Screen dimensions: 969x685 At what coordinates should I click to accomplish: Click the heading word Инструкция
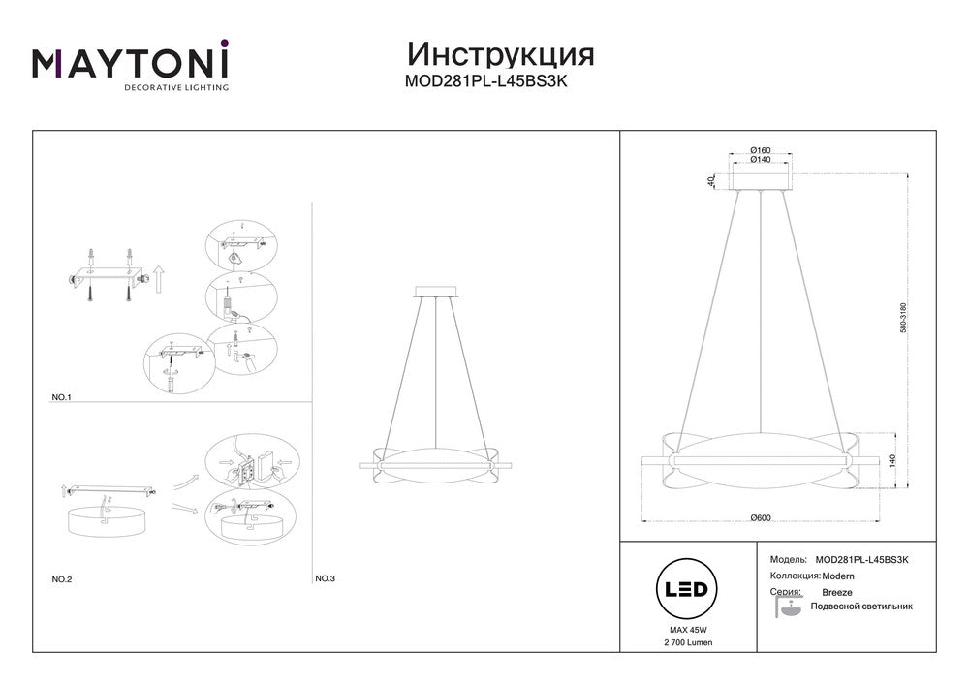tap(501, 55)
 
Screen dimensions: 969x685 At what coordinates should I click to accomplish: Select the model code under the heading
tap(485, 81)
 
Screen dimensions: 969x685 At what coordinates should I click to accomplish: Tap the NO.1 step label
tap(61, 397)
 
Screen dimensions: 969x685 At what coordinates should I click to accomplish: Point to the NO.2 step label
tap(62, 579)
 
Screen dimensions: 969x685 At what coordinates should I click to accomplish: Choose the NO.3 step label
tap(325, 578)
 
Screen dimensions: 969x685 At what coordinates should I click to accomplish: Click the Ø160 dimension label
tap(760, 150)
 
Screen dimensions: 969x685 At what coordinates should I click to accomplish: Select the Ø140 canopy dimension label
tap(760, 159)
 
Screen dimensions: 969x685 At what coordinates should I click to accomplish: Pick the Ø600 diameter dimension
tap(760, 517)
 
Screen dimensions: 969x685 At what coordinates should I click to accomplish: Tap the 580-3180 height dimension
tap(903, 318)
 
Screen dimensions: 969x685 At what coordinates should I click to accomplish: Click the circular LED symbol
tap(687, 589)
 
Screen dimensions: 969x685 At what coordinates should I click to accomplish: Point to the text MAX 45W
tap(688, 630)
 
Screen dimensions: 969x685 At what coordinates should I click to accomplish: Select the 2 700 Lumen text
tap(688, 642)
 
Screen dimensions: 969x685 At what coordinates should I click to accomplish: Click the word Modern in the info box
tap(838, 576)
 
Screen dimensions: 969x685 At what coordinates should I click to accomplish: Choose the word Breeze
tap(837, 592)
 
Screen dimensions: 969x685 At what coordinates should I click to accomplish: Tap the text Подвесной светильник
tap(861, 607)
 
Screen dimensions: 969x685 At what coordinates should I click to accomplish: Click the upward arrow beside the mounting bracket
tap(158, 279)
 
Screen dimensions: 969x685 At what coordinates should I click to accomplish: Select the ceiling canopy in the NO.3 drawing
tap(436, 292)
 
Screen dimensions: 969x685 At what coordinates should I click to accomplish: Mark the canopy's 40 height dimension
tap(711, 181)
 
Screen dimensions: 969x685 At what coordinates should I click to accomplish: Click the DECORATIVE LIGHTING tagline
tap(176, 88)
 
